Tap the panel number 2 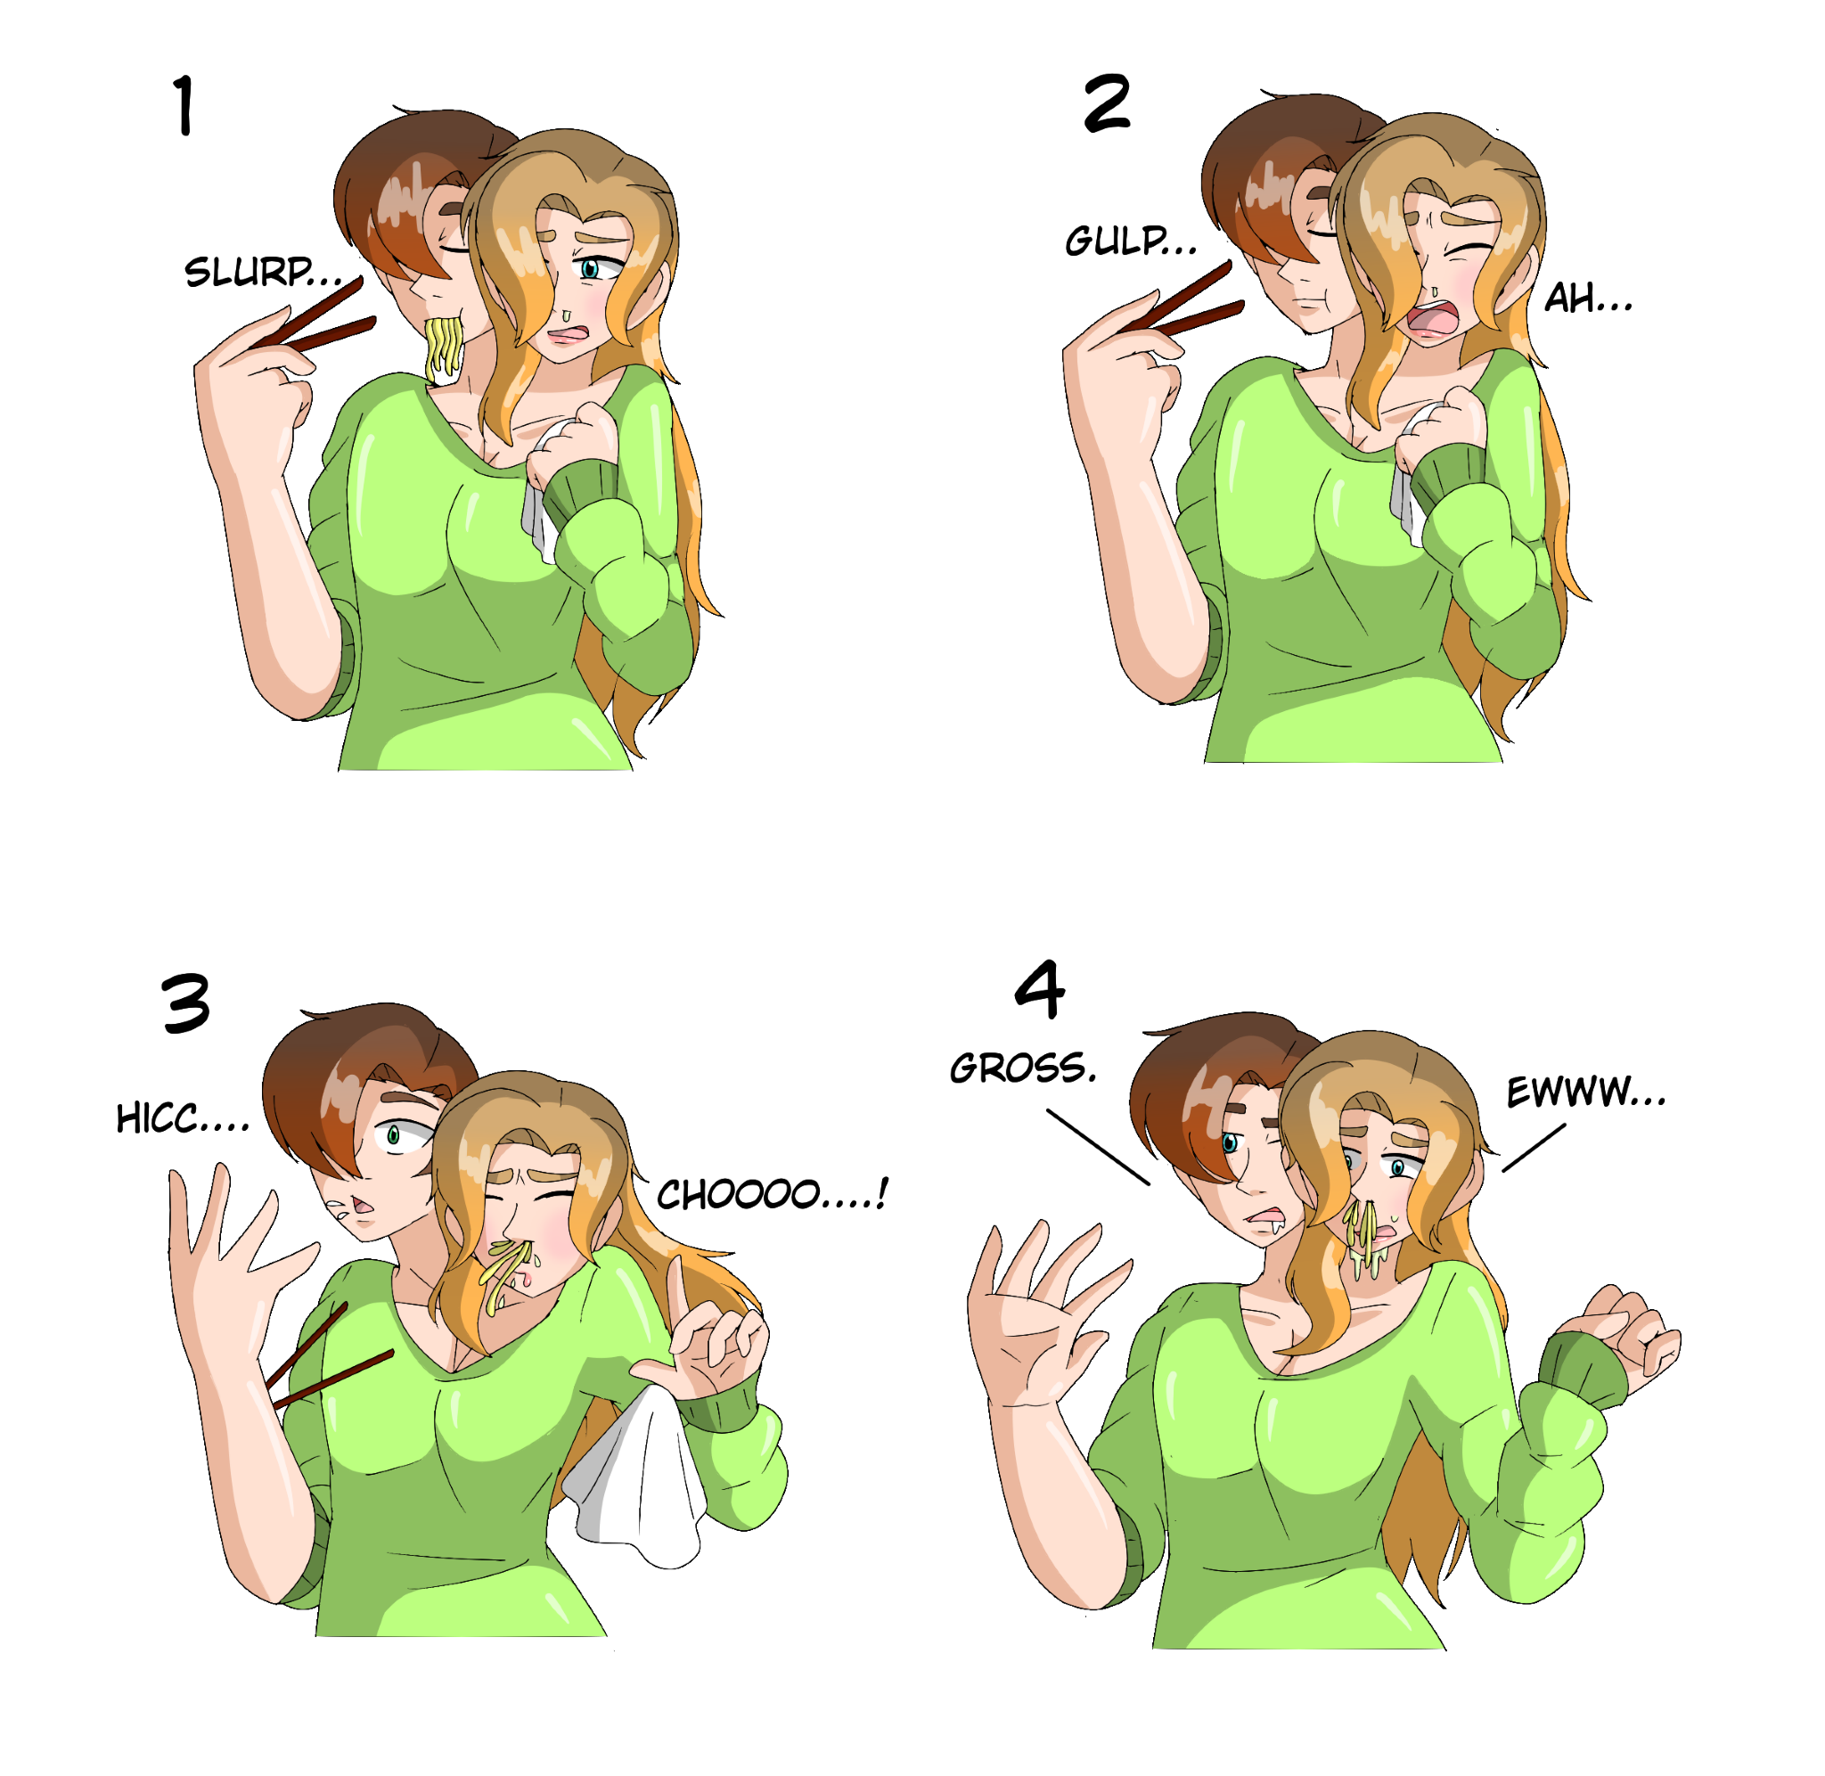point(1108,102)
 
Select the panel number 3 point(185,1003)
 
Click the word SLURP point(249,273)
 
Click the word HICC point(157,1118)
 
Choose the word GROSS point(1022,1069)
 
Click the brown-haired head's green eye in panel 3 point(394,1134)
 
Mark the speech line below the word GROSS point(1098,1146)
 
